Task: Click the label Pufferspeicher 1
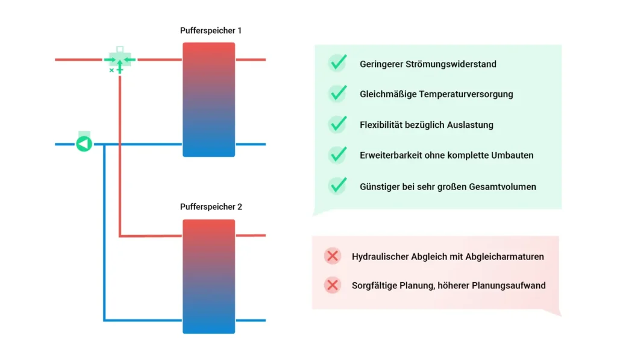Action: pyautogui.click(x=211, y=30)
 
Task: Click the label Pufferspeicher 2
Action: pyautogui.click(x=211, y=207)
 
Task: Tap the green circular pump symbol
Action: pyautogui.click(x=84, y=144)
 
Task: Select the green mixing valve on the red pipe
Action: pyautogui.click(x=119, y=60)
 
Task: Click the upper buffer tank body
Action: pyautogui.click(x=208, y=99)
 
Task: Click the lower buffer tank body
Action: pyautogui.click(x=208, y=276)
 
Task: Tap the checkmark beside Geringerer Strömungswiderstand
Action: pyautogui.click(x=337, y=63)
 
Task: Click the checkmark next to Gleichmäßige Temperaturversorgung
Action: pyautogui.click(x=337, y=94)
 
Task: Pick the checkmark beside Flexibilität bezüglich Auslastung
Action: pyautogui.click(x=337, y=125)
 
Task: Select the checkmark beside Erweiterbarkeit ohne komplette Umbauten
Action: pyautogui.click(x=337, y=155)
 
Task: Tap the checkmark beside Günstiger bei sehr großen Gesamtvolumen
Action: pyautogui.click(x=337, y=186)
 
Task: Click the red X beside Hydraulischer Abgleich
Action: pyautogui.click(x=333, y=256)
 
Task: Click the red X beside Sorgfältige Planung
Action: pyautogui.click(x=333, y=285)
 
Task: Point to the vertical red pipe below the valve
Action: pyautogui.click(x=120, y=151)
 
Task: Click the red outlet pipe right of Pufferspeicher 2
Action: pyautogui.click(x=250, y=235)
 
